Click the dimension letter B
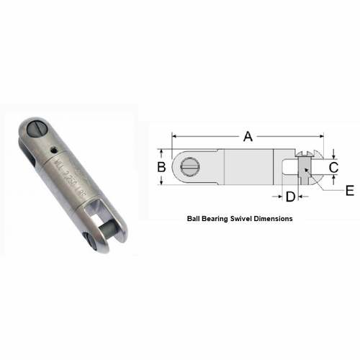click(161, 167)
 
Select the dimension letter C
click(334, 167)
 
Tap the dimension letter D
click(289, 196)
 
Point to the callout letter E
click(349, 191)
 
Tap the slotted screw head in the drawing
click(190, 167)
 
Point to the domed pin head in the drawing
click(308, 153)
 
